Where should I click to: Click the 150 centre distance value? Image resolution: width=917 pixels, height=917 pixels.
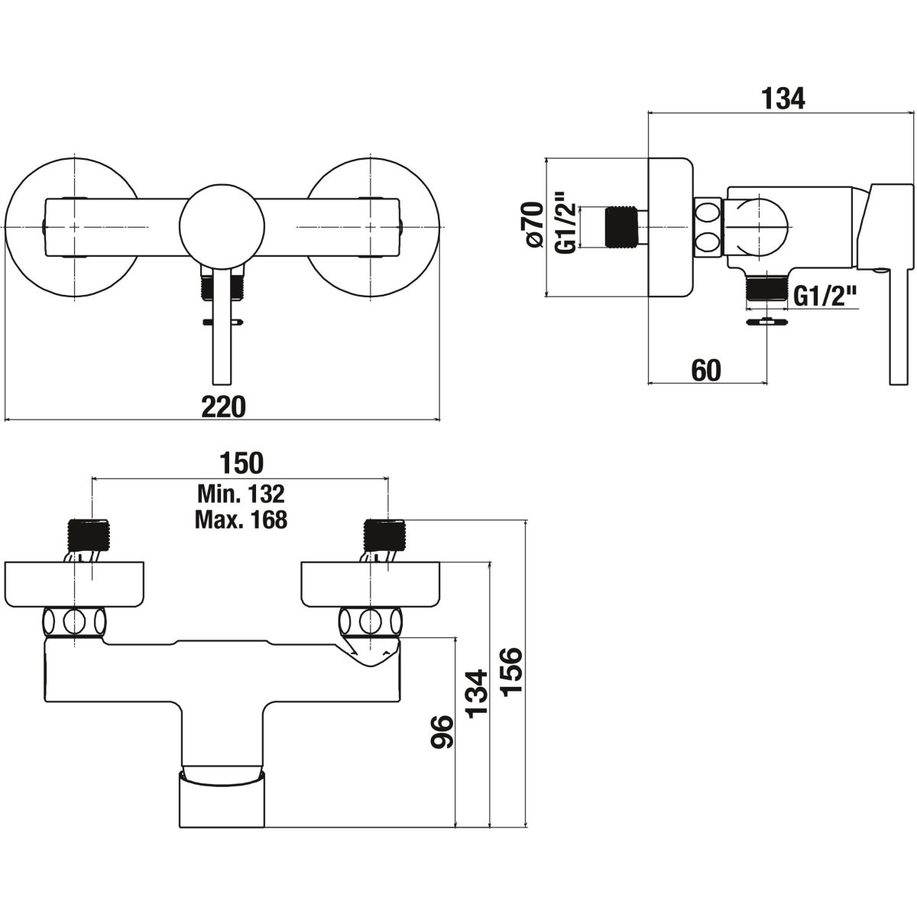[241, 462]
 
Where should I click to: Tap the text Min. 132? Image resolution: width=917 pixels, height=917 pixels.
[241, 491]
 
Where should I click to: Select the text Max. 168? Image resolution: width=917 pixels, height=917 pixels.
[241, 520]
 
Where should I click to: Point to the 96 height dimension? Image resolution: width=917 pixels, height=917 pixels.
[442, 733]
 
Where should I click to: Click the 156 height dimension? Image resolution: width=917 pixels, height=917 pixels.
[510, 670]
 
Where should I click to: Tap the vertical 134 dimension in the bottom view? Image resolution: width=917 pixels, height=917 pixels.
[476, 692]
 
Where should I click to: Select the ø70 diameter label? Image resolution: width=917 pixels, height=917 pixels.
[533, 225]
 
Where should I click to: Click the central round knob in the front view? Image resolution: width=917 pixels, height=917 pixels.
[222, 226]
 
